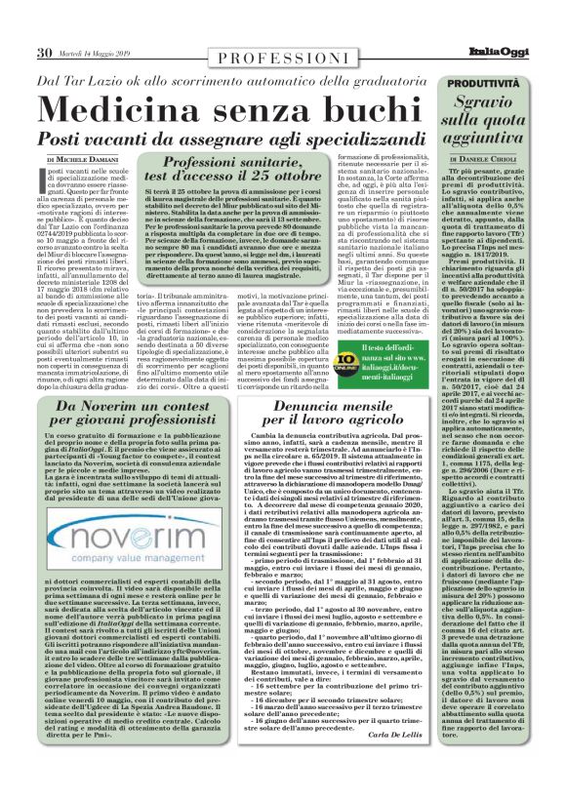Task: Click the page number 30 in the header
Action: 45,53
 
